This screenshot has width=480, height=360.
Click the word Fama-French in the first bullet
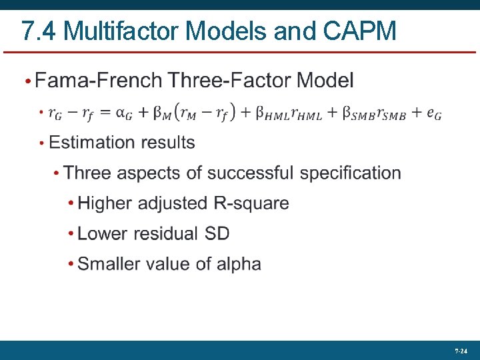(99, 81)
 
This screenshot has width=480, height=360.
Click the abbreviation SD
(216, 233)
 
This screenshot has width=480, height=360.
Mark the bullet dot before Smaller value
(71, 265)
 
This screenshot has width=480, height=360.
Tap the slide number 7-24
(460, 350)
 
